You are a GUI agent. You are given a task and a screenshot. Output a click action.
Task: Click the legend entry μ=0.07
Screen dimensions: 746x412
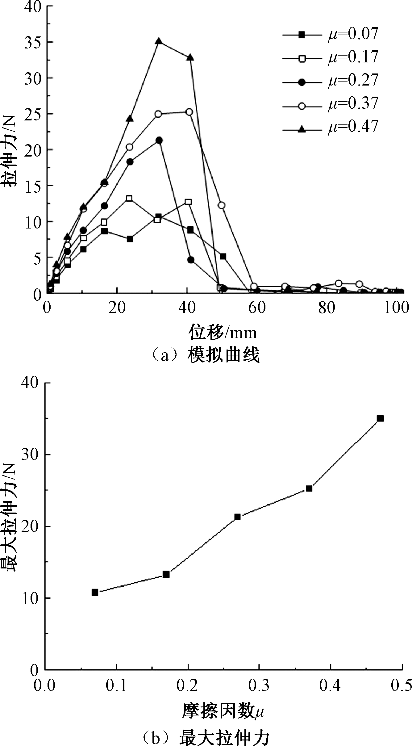(330, 34)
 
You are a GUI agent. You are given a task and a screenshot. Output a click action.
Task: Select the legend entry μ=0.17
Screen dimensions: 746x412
(330, 57)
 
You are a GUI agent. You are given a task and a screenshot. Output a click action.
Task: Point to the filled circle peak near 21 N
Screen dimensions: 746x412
(159, 140)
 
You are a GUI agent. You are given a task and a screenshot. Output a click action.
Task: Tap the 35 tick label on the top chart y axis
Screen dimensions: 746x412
(33, 42)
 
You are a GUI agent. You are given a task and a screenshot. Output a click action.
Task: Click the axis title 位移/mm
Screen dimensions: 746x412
(223, 332)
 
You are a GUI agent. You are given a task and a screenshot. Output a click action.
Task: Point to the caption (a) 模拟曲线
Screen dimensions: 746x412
(206, 355)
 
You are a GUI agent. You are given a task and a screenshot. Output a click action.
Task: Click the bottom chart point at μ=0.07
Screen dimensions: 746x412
(95, 592)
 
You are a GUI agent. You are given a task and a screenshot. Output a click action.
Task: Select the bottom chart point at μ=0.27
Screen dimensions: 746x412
(237, 517)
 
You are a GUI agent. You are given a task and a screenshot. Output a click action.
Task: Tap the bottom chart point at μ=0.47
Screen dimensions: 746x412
(380, 418)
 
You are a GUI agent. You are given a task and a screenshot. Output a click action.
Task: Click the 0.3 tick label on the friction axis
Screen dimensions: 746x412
(259, 685)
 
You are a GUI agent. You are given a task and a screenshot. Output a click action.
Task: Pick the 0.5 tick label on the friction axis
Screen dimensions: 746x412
(401, 685)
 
